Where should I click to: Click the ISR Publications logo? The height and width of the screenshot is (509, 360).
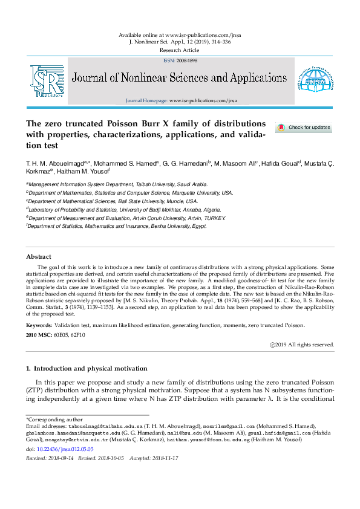coord(48,80)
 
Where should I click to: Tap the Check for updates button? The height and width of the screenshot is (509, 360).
coord(304,128)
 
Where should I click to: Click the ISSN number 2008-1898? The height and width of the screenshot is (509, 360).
coord(186,61)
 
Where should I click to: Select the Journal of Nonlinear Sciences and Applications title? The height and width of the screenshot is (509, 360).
coord(180,78)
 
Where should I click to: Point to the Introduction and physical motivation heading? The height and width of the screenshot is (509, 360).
coord(90,368)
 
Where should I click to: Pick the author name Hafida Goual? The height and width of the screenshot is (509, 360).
coord(283,163)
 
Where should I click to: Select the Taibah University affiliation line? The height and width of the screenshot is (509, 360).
coord(119,184)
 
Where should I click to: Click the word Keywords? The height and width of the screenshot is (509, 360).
coord(39,325)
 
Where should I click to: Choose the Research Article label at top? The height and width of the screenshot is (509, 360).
coord(180,50)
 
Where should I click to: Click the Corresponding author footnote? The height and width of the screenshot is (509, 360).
coord(48,419)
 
